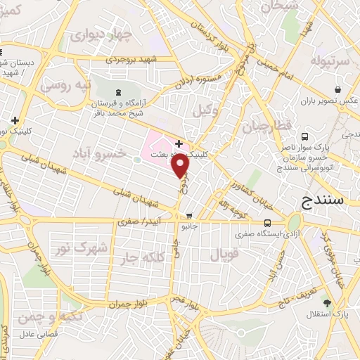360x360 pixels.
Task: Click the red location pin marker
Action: (x=181, y=167)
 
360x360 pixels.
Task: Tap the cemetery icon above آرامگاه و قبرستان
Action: (x=117, y=92)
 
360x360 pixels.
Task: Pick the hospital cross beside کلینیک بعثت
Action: (x=179, y=143)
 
